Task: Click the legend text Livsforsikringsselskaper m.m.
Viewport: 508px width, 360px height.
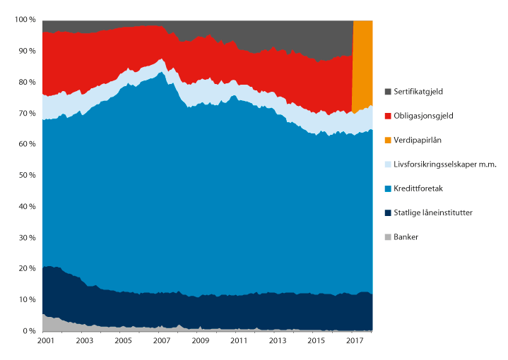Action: (x=445, y=164)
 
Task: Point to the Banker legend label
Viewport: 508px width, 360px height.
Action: (x=406, y=236)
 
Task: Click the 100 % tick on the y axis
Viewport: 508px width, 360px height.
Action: (x=23, y=20)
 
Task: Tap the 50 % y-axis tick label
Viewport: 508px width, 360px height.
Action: (x=25, y=176)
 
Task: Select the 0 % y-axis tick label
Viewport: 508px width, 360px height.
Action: (x=28, y=331)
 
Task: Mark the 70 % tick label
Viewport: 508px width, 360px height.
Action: (x=25, y=113)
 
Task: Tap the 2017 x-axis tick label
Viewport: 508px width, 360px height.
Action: (x=354, y=341)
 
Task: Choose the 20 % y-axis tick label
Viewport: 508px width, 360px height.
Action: (x=25, y=269)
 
